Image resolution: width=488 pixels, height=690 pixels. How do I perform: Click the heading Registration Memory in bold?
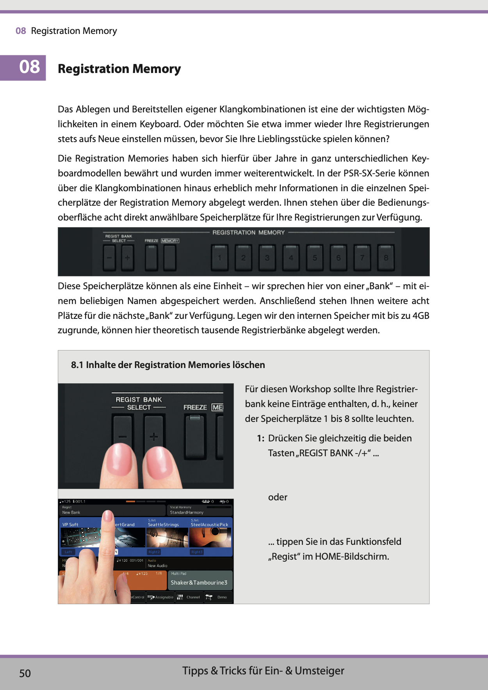[x=119, y=69]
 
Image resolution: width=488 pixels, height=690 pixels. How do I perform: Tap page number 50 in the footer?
[x=25, y=673]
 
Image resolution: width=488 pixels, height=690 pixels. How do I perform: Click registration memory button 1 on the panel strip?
[x=220, y=258]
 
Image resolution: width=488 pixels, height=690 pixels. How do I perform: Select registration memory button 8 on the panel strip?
[x=386, y=258]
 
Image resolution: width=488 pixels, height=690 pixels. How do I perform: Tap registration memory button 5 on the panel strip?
[x=315, y=258]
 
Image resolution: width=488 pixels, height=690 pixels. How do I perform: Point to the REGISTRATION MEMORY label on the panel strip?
[x=248, y=233]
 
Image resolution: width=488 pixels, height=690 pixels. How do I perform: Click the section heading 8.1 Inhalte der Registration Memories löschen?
[x=168, y=365]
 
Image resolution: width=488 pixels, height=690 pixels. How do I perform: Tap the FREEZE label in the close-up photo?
[x=195, y=407]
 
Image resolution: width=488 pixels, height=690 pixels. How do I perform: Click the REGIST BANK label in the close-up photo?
[x=139, y=400]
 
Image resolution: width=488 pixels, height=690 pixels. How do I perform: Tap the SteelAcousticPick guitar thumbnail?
[x=210, y=537]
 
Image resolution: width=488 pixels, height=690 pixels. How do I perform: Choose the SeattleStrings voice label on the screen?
[x=163, y=525]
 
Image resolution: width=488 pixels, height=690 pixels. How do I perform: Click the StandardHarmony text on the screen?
[x=187, y=512]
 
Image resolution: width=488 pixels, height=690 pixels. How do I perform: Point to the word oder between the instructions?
[x=278, y=497]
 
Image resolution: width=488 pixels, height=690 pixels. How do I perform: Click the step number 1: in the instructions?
[x=261, y=438]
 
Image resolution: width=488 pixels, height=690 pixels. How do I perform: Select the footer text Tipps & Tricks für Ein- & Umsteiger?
[x=263, y=671]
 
